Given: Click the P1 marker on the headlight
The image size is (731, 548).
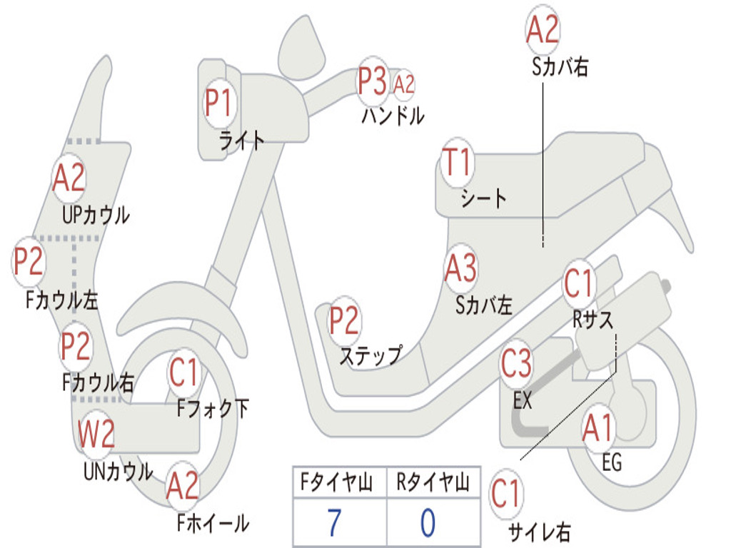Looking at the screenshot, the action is click(x=218, y=103).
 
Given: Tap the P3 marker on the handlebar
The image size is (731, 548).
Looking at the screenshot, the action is click(x=373, y=81).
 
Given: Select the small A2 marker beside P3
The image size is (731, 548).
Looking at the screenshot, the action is click(x=404, y=84).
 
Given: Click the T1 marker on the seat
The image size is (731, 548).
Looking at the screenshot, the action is click(x=458, y=162).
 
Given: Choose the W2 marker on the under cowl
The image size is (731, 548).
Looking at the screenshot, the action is click(x=96, y=433).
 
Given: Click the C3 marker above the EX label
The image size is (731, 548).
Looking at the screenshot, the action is click(x=516, y=363).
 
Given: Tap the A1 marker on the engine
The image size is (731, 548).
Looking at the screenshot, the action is click(x=598, y=427).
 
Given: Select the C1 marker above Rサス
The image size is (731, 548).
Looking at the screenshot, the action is click(x=578, y=283).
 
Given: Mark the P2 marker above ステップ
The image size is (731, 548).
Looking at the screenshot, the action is click(x=344, y=320).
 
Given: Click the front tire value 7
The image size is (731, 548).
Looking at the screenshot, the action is click(x=334, y=523).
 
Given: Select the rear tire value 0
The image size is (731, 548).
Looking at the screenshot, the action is click(x=428, y=523).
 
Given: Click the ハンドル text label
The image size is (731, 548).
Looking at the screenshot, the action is click(x=393, y=116).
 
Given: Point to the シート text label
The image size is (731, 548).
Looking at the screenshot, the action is click(x=483, y=198).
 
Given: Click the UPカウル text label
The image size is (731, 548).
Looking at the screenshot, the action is click(x=96, y=215).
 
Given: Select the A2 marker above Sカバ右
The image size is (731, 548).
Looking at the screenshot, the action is click(x=543, y=29).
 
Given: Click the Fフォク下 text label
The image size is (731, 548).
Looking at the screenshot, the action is click(x=213, y=409).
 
